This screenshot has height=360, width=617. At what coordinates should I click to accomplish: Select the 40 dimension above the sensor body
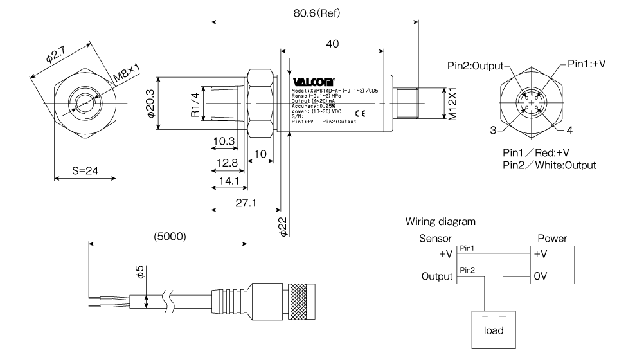(332, 44)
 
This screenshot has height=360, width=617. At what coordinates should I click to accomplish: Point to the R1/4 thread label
(195, 104)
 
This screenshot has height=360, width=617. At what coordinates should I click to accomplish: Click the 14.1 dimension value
(226, 182)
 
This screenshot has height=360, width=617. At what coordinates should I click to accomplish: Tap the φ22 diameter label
(282, 227)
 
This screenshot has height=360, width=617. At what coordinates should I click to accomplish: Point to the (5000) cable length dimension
(168, 236)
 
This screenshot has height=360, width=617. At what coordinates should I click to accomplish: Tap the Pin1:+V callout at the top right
(586, 64)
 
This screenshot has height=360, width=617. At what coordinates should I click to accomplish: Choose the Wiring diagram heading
(440, 222)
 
